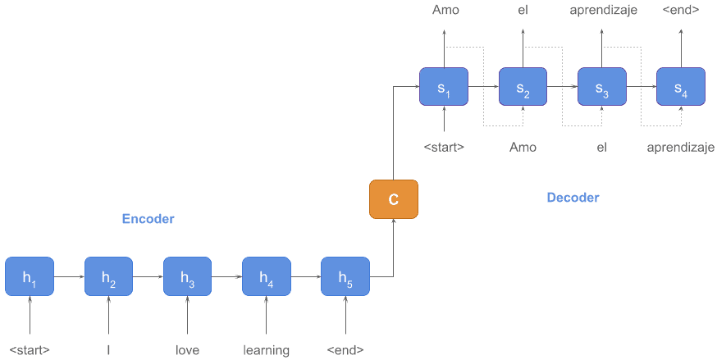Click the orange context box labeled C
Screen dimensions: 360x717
point(394,199)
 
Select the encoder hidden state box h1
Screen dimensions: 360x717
point(30,277)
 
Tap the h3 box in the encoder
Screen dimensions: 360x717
point(187,277)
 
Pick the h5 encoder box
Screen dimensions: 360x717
point(345,277)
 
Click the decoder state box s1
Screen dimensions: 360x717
point(444,86)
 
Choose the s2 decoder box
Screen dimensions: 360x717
point(523,86)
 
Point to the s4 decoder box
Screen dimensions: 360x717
point(681,86)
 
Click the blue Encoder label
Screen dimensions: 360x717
point(148,219)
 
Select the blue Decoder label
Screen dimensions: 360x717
point(573,198)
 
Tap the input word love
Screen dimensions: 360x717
point(187,350)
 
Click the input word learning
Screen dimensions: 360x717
point(266,350)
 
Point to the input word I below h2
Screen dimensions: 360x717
point(108,350)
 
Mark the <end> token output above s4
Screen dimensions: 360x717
point(681,10)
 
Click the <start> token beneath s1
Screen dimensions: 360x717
point(444,148)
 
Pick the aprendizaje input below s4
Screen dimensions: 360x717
point(681,148)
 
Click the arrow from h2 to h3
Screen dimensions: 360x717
point(148,277)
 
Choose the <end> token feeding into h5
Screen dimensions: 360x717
point(345,350)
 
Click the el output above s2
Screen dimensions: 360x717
point(523,10)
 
